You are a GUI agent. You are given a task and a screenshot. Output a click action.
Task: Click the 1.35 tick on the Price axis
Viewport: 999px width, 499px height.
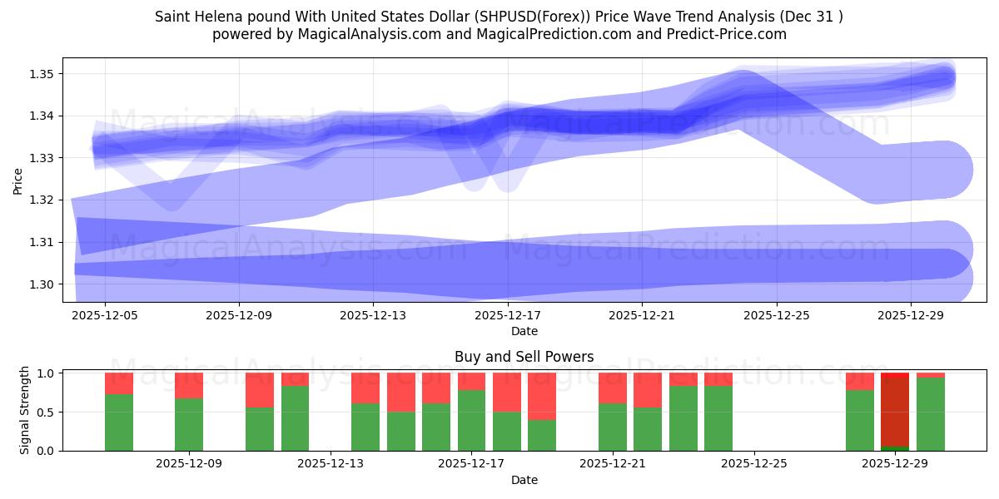pyautogui.click(x=42, y=74)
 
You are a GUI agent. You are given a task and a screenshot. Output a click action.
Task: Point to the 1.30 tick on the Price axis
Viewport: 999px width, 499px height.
pyautogui.click(x=42, y=284)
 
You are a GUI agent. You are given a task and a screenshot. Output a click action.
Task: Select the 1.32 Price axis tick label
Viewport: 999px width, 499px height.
pyautogui.click(x=42, y=200)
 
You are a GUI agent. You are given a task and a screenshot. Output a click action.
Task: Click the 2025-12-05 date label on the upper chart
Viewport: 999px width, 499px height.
pyautogui.click(x=105, y=316)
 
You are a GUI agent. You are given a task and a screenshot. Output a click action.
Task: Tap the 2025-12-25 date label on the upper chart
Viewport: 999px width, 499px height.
pyautogui.click(x=776, y=316)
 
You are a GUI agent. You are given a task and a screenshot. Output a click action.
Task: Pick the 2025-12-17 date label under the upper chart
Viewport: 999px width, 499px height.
pyautogui.click(x=508, y=316)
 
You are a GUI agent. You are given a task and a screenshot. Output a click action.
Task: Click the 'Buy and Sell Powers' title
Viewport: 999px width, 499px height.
pyautogui.click(x=524, y=357)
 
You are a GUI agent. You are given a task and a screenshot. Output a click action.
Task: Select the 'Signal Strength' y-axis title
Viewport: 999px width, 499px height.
pyautogui.click(x=25, y=410)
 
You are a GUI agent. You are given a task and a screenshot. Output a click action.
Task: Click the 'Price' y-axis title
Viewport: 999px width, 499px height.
pyautogui.click(x=18, y=180)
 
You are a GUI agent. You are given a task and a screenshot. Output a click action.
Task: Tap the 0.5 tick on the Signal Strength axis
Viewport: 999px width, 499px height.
pyautogui.click(x=46, y=412)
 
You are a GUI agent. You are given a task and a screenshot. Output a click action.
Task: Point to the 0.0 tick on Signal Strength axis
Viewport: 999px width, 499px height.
pyautogui.click(x=46, y=450)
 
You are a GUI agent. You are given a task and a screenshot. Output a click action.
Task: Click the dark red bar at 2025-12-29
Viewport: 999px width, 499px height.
pyautogui.click(x=895, y=412)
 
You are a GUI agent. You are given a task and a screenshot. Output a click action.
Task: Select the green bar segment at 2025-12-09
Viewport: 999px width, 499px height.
pyautogui.click(x=189, y=424)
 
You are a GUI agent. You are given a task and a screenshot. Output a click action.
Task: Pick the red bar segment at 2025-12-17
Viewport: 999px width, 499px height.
pyautogui.click(x=472, y=381)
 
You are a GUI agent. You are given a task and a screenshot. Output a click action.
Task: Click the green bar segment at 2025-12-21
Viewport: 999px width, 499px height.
pyautogui.click(x=613, y=427)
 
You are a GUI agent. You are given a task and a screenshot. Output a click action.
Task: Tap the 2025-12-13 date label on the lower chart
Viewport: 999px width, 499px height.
pyautogui.click(x=331, y=463)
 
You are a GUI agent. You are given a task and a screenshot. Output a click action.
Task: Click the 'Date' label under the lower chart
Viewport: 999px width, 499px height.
pyautogui.click(x=524, y=480)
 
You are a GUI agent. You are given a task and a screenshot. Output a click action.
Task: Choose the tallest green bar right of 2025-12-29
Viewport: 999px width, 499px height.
pyautogui.click(x=930, y=413)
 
